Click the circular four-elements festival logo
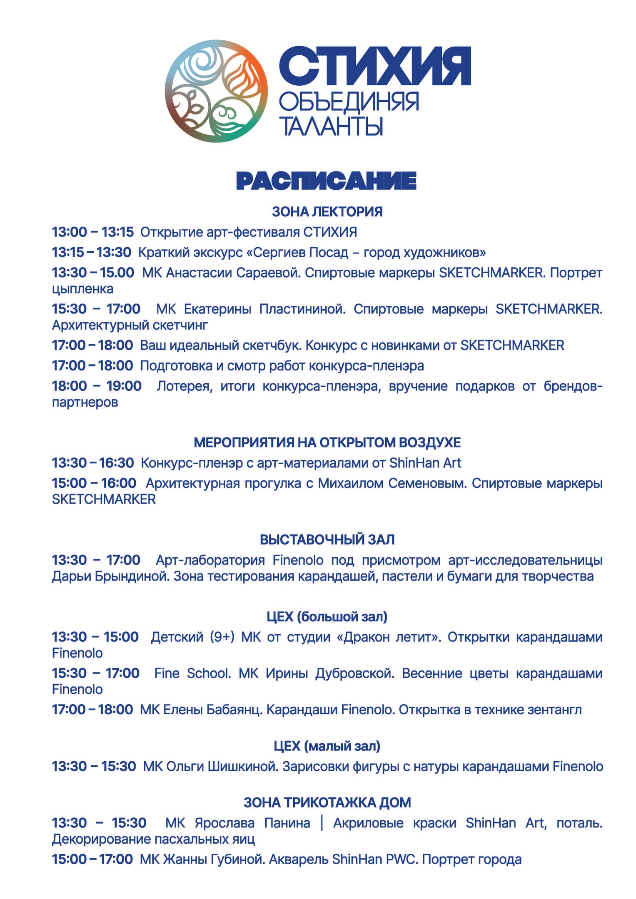coord(216,91)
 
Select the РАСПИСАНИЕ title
coord(326,181)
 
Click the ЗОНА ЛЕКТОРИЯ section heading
coord(327,211)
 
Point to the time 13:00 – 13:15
coord(92,232)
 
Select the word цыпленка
coord(82,288)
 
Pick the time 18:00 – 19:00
coord(97,386)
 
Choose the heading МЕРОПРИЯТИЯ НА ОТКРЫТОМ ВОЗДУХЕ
coord(327,442)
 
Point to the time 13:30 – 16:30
coord(92,463)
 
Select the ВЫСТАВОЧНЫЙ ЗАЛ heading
coord(327,539)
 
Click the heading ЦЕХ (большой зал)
coord(327,616)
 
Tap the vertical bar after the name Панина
coord(322,823)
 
